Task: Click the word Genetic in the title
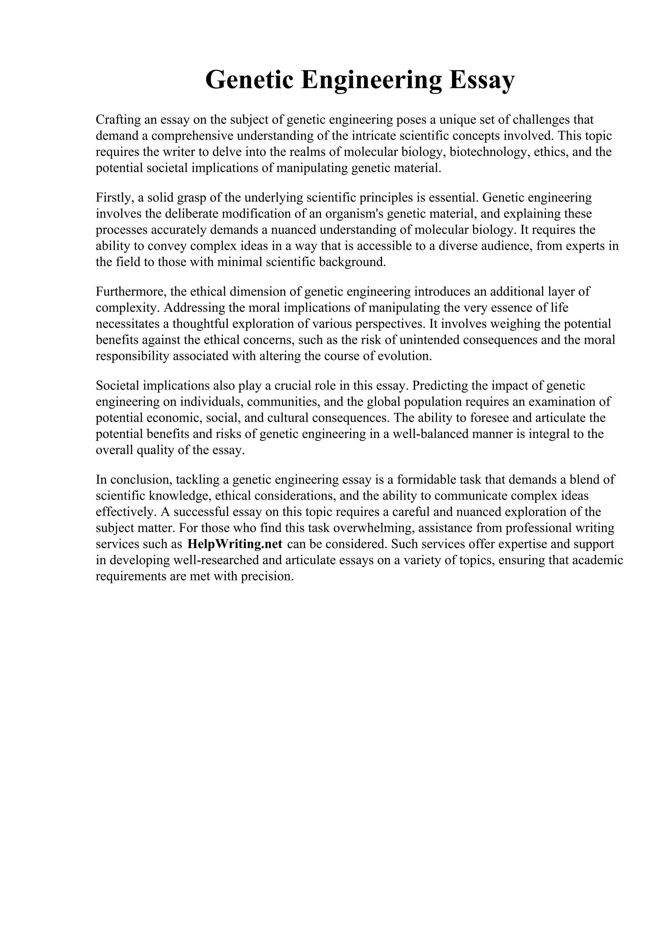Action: click(250, 79)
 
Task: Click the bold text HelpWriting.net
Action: click(235, 544)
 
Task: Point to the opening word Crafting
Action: click(118, 120)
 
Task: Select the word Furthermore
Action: click(131, 292)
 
